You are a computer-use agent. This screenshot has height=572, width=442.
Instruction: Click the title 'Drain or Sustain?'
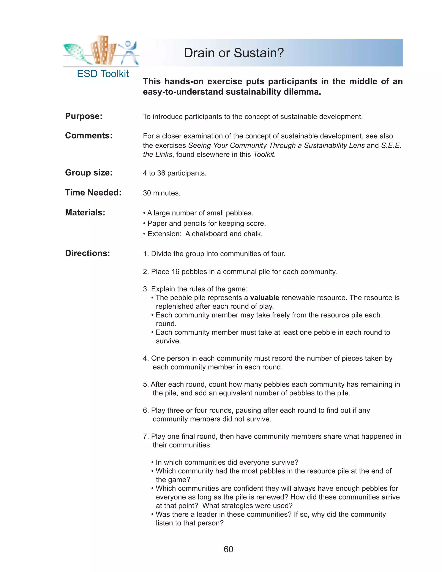(x=234, y=53)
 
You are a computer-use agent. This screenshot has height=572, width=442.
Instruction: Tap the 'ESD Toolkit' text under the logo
(x=103, y=74)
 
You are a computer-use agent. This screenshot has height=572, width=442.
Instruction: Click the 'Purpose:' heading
(x=84, y=116)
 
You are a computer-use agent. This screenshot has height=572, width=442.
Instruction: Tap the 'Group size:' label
(x=88, y=173)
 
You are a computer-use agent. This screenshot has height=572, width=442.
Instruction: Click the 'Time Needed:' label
(x=93, y=193)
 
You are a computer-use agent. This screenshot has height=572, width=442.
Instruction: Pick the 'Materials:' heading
(x=85, y=212)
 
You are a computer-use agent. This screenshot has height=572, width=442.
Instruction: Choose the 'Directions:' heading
(x=87, y=253)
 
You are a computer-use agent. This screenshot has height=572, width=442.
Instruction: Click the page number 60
(x=228, y=549)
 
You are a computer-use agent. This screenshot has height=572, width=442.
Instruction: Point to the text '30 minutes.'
(x=162, y=193)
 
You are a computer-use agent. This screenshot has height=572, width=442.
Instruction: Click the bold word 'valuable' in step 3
(x=264, y=298)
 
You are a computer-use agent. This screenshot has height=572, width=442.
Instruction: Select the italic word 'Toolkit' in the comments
(x=264, y=155)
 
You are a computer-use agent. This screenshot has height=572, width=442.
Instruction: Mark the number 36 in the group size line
(x=161, y=173)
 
